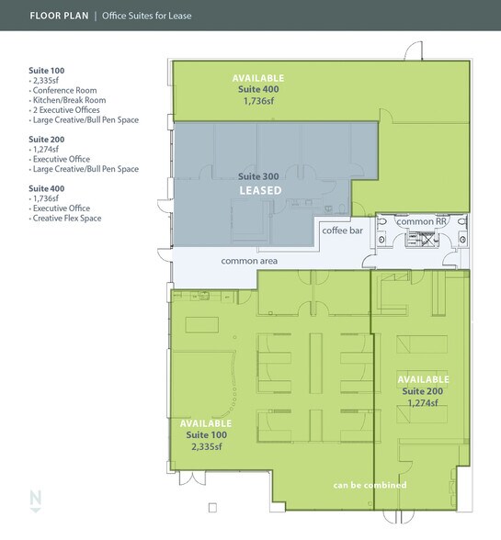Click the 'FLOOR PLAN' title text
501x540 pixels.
pos(60,16)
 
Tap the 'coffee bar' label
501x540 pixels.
pos(341,230)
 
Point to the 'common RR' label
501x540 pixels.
pos(422,222)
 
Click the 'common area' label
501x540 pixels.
pos(249,261)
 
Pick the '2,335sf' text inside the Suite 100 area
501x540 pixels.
pos(208,446)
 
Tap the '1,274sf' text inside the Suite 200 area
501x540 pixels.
pos(422,402)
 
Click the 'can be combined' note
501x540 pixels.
pos(370,485)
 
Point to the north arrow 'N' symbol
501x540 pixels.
pos(36,499)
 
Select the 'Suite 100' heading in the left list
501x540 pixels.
pos(47,70)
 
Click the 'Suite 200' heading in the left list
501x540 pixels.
pos(47,139)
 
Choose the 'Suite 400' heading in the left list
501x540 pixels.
pos(47,187)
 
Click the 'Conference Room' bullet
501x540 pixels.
pos(65,90)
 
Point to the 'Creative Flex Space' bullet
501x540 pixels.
pos(68,219)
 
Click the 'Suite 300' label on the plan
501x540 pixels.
pos(258,175)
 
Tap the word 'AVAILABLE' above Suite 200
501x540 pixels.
pos(423,378)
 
